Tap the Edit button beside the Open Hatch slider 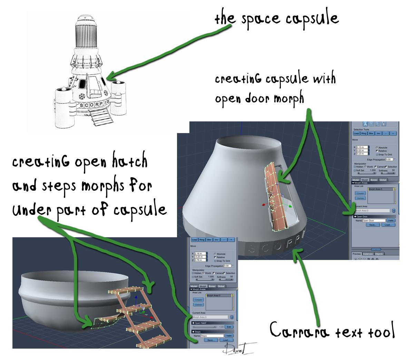[229, 327]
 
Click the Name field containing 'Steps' [211, 336]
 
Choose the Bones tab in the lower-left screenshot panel [212, 286]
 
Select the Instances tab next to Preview [367, 254]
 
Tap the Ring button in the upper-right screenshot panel [364, 133]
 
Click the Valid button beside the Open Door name [391, 220]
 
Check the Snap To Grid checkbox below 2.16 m [215, 261]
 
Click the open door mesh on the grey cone [276, 197]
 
